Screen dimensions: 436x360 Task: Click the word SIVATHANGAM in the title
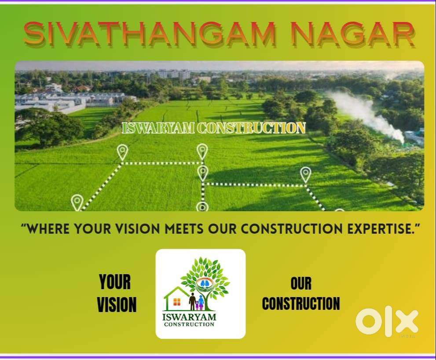pyautogui.click(x=150, y=33)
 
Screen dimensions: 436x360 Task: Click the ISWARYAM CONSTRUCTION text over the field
pyautogui.click(x=213, y=128)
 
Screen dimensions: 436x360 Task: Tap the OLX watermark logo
pyautogui.click(x=387, y=322)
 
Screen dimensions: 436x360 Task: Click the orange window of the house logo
pyautogui.click(x=177, y=302)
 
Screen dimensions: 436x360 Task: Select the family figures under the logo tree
pyautogui.click(x=197, y=301)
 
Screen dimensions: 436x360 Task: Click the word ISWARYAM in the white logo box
pyautogui.click(x=189, y=317)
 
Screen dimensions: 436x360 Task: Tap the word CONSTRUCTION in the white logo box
pyautogui.click(x=189, y=324)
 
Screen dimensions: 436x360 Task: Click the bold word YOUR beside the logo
pyautogui.click(x=115, y=282)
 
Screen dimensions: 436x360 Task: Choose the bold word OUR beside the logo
pyautogui.click(x=301, y=283)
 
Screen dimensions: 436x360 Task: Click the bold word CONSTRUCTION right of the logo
pyautogui.click(x=301, y=303)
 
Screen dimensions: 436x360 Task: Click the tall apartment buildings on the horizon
pyautogui.click(x=175, y=74)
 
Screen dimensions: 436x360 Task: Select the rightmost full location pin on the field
pyautogui.click(x=305, y=175)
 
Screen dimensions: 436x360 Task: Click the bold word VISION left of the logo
pyautogui.click(x=117, y=305)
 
